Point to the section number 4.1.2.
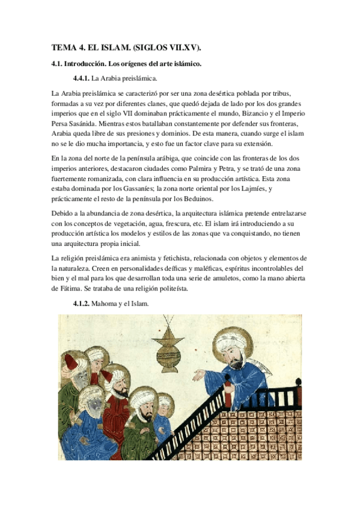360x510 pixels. (81, 304)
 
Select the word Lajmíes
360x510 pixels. (249, 190)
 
